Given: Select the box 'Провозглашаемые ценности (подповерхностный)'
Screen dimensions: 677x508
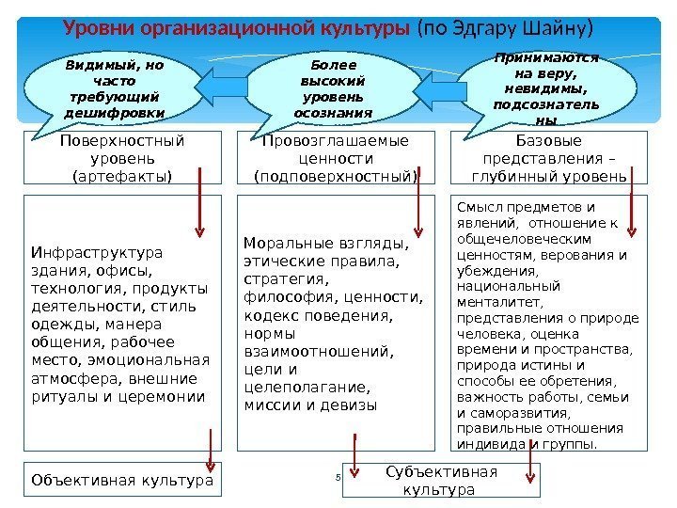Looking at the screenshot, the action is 336,158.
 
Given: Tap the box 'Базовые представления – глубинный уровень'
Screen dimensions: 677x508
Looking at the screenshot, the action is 550,158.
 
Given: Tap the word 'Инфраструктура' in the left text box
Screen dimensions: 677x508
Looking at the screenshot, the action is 84,252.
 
